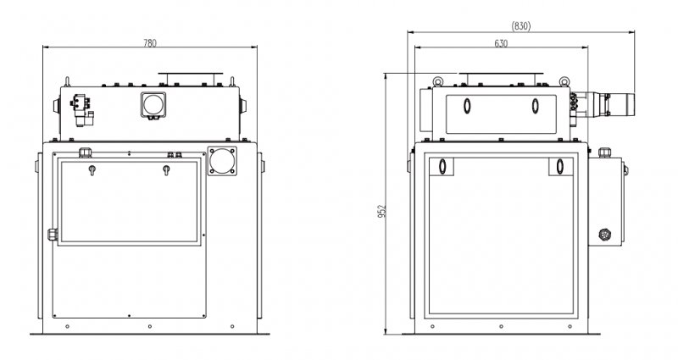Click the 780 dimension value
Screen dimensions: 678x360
point(150,43)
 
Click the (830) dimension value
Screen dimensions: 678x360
point(520,26)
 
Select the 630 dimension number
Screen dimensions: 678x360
point(501,44)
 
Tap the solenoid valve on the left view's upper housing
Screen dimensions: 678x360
point(81,110)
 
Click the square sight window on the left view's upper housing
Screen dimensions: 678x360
point(153,104)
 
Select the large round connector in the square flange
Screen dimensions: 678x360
point(222,161)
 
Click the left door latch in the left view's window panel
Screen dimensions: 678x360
point(92,169)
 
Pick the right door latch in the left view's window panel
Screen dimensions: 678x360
point(166,169)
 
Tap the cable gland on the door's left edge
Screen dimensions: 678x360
point(53,235)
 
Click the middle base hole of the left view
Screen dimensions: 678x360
point(150,326)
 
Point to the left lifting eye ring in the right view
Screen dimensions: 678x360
point(438,80)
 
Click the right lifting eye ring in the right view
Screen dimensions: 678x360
point(564,80)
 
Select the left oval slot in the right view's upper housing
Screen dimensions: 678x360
point(467,106)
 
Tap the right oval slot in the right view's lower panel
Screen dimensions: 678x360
point(560,166)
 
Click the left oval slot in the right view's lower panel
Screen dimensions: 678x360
point(442,166)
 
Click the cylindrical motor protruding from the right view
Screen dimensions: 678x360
point(614,104)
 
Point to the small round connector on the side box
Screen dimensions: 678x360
point(604,235)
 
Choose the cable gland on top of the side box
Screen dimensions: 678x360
point(604,152)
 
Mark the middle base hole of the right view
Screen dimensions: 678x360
point(501,326)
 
